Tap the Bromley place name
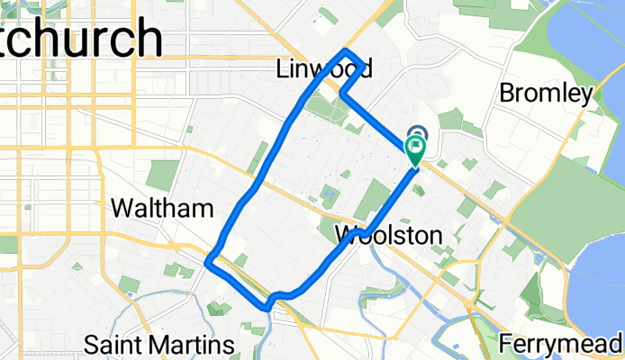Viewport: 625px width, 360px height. [546, 93]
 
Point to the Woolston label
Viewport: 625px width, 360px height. [388, 236]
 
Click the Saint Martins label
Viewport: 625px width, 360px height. [159, 344]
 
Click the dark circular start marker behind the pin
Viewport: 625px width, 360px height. [417, 134]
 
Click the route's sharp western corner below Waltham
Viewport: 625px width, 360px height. [208, 263]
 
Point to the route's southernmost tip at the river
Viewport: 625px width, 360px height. [267, 307]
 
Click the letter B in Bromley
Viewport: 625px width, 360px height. [505, 93]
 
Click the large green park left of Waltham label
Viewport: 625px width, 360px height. [163, 175]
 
